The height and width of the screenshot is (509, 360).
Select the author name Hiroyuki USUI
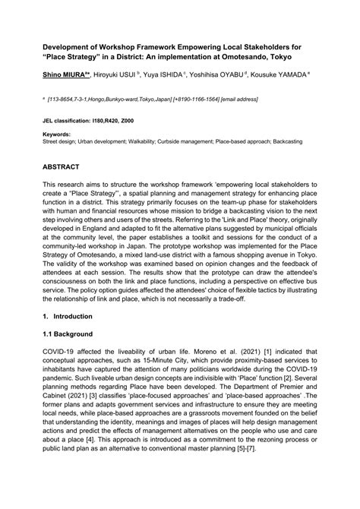pyautogui.click(x=115, y=77)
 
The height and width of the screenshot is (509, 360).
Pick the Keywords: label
pyautogui.click(x=57, y=134)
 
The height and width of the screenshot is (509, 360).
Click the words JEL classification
pyautogui.click(x=66, y=121)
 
